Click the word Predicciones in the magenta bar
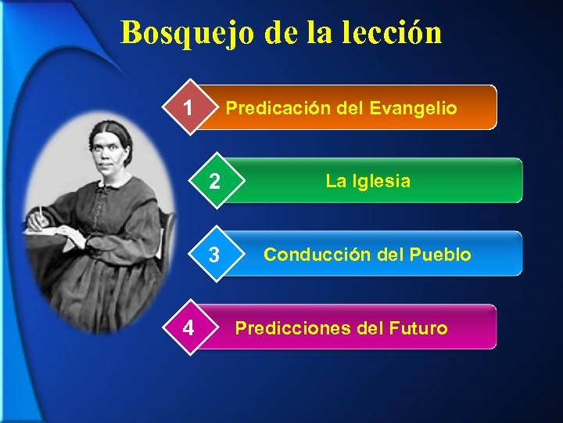click(292, 328)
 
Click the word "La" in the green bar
click(335, 181)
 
